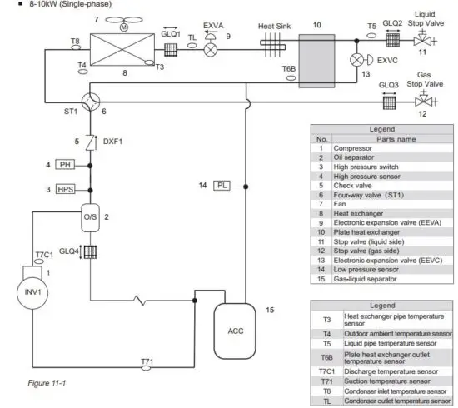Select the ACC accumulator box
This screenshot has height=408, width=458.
[236, 329]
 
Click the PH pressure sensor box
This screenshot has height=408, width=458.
[67, 165]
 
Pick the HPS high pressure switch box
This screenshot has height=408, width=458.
[67, 190]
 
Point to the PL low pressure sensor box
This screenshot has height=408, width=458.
[222, 185]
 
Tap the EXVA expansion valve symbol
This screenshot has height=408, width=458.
[211, 49]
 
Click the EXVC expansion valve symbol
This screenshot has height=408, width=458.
[360, 60]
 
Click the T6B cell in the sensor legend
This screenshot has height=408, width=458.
[326, 358]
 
